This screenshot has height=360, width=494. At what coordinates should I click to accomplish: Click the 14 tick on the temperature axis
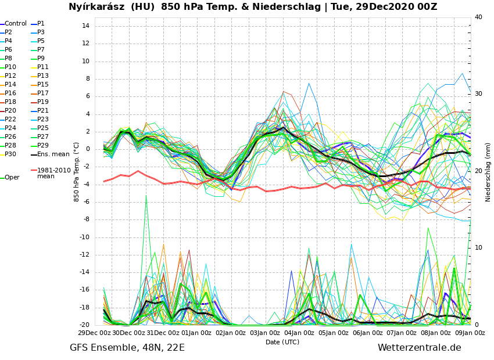click(85, 26)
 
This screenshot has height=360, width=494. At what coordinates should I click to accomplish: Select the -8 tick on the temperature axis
click(85, 219)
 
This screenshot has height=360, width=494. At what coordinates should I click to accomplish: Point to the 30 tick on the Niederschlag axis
click(479, 94)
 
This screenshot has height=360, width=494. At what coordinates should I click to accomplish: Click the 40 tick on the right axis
click(479, 17)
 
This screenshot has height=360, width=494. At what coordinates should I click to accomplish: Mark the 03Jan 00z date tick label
click(265, 333)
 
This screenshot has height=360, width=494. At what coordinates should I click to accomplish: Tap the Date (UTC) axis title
click(282, 342)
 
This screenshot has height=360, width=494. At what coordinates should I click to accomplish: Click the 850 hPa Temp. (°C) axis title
click(77, 172)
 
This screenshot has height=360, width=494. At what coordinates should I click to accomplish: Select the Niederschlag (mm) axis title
click(488, 172)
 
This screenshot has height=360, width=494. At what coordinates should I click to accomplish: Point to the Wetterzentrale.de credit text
click(419, 348)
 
